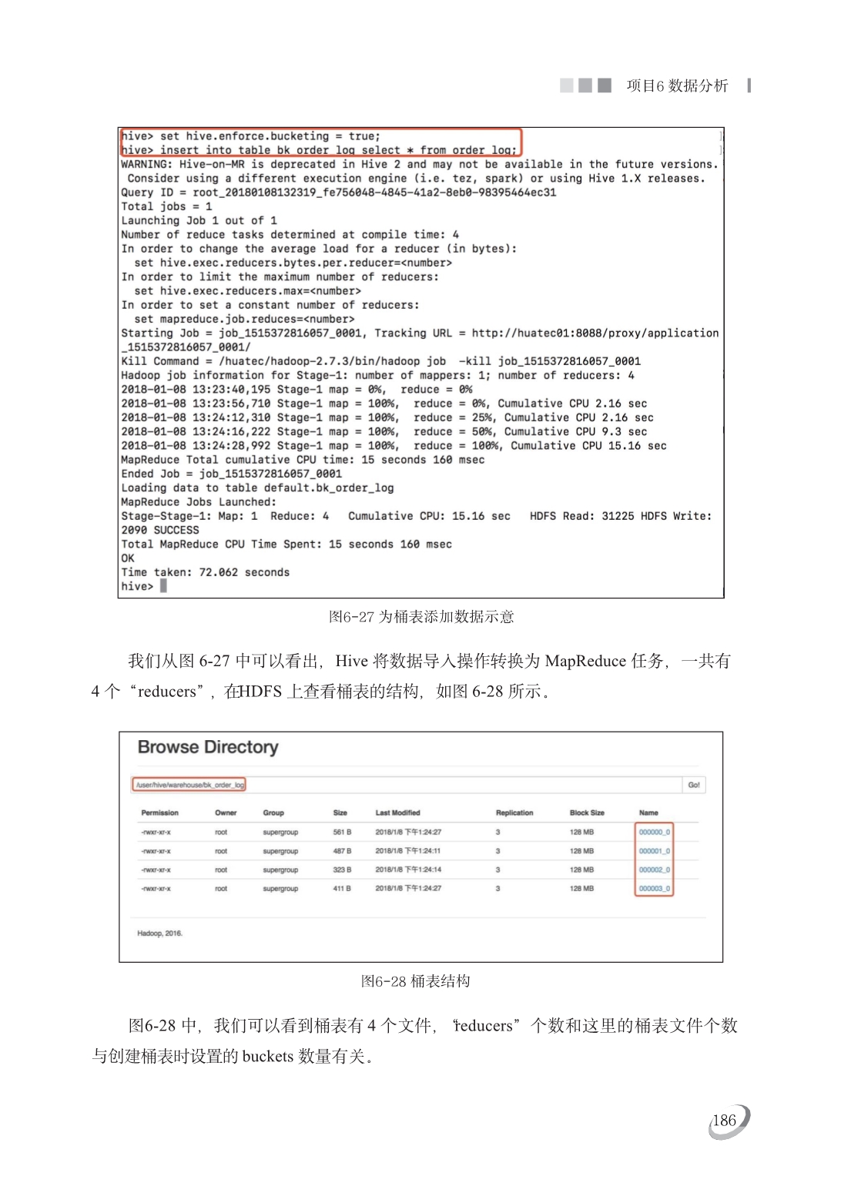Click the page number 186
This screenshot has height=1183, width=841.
(x=724, y=1121)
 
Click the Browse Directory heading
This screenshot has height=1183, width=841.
(x=208, y=747)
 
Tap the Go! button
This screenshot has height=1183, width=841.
(x=694, y=785)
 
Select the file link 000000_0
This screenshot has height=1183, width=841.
(x=655, y=833)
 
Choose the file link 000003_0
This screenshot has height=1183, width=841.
(x=655, y=889)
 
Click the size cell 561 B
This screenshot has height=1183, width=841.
(x=342, y=833)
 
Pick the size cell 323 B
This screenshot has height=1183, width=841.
(x=342, y=870)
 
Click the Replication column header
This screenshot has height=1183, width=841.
(x=514, y=813)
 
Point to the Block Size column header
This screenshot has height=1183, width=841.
(x=587, y=813)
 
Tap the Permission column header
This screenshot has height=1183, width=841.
(x=159, y=813)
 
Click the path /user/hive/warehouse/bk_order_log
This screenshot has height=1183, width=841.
(x=189, y=785)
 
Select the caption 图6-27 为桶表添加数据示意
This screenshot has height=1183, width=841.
(x=421, y=617)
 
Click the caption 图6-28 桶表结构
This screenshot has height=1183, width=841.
(x=416, y=981)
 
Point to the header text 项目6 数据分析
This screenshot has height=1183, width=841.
(x=677, y=85)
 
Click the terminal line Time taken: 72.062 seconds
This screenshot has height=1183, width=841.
(x=205, y=572)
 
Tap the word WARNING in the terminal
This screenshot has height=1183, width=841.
(x=146, y=164)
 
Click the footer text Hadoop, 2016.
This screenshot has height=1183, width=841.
(x=159, y=933)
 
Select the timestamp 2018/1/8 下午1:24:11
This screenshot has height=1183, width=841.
(x=408, y=852)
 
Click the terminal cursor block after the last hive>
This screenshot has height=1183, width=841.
(x=163, y=586)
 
